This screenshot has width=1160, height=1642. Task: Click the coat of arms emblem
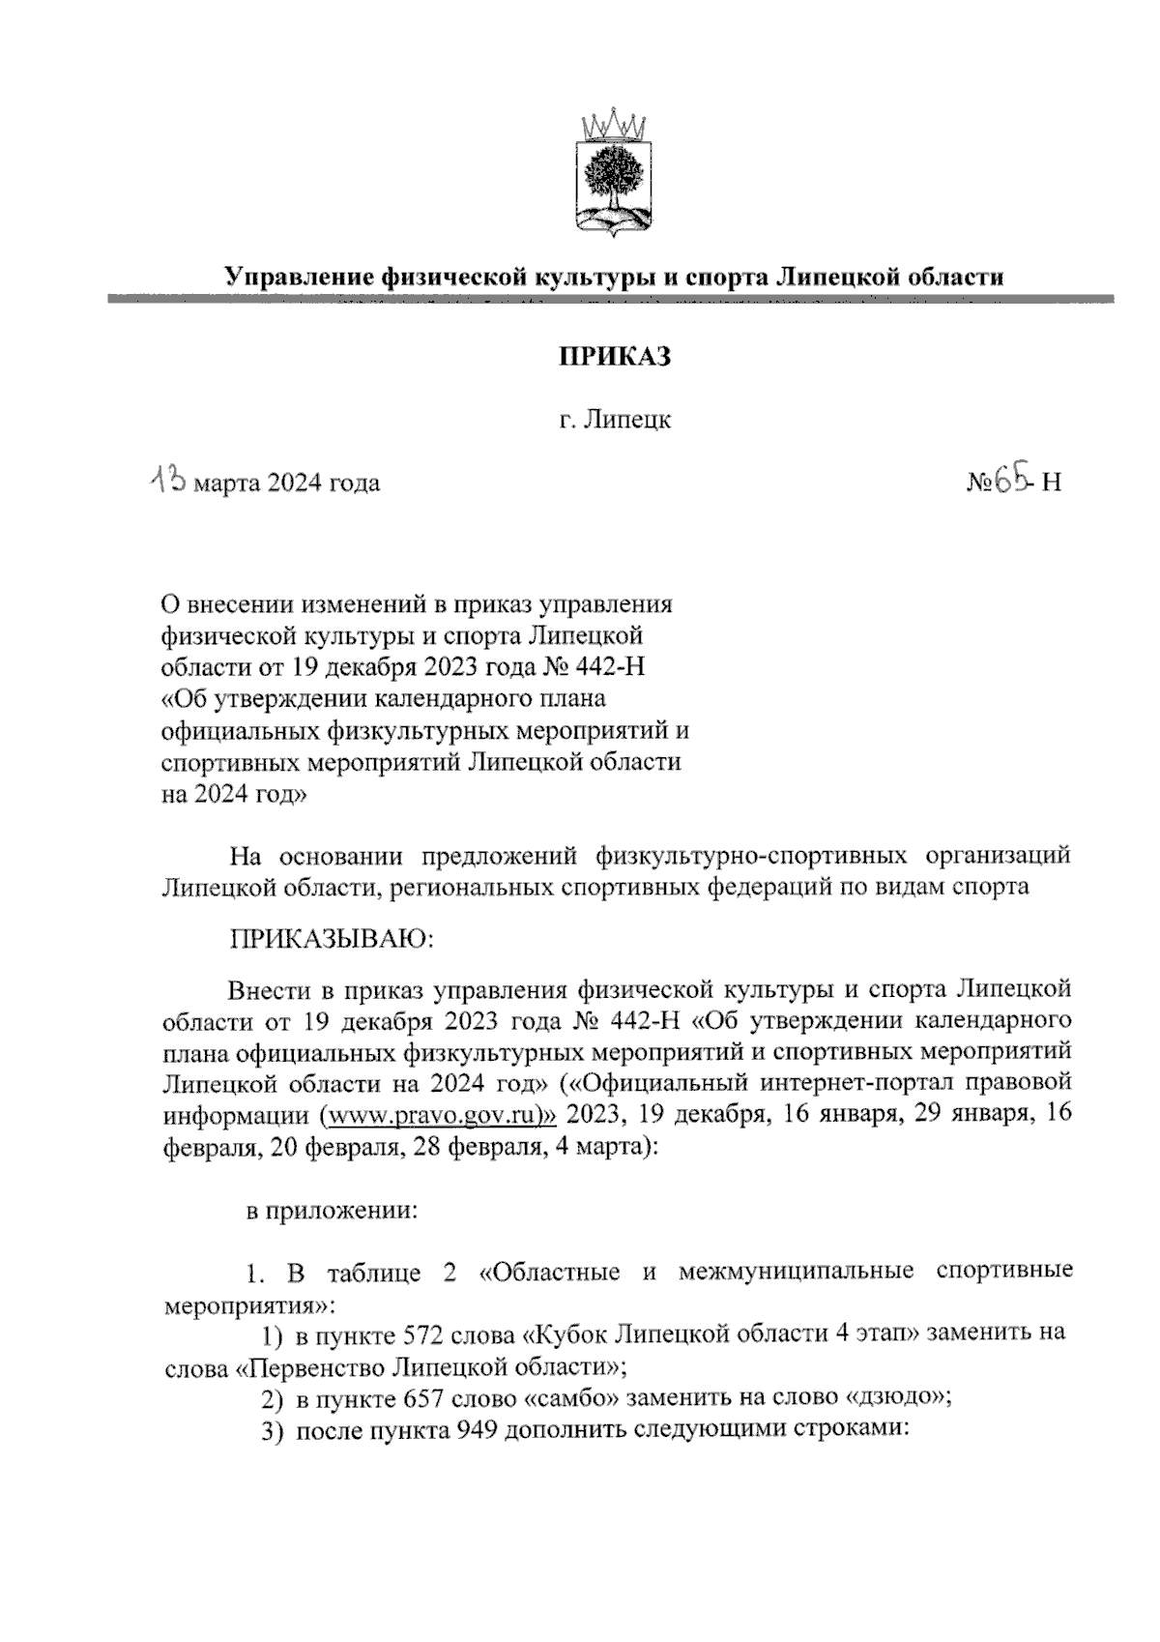click(612, 174)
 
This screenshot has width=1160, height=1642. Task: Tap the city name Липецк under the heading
click(628, 421)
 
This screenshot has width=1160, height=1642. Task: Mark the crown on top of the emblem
click(612, 125)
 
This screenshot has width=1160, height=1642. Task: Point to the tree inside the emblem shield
click(611, 175)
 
